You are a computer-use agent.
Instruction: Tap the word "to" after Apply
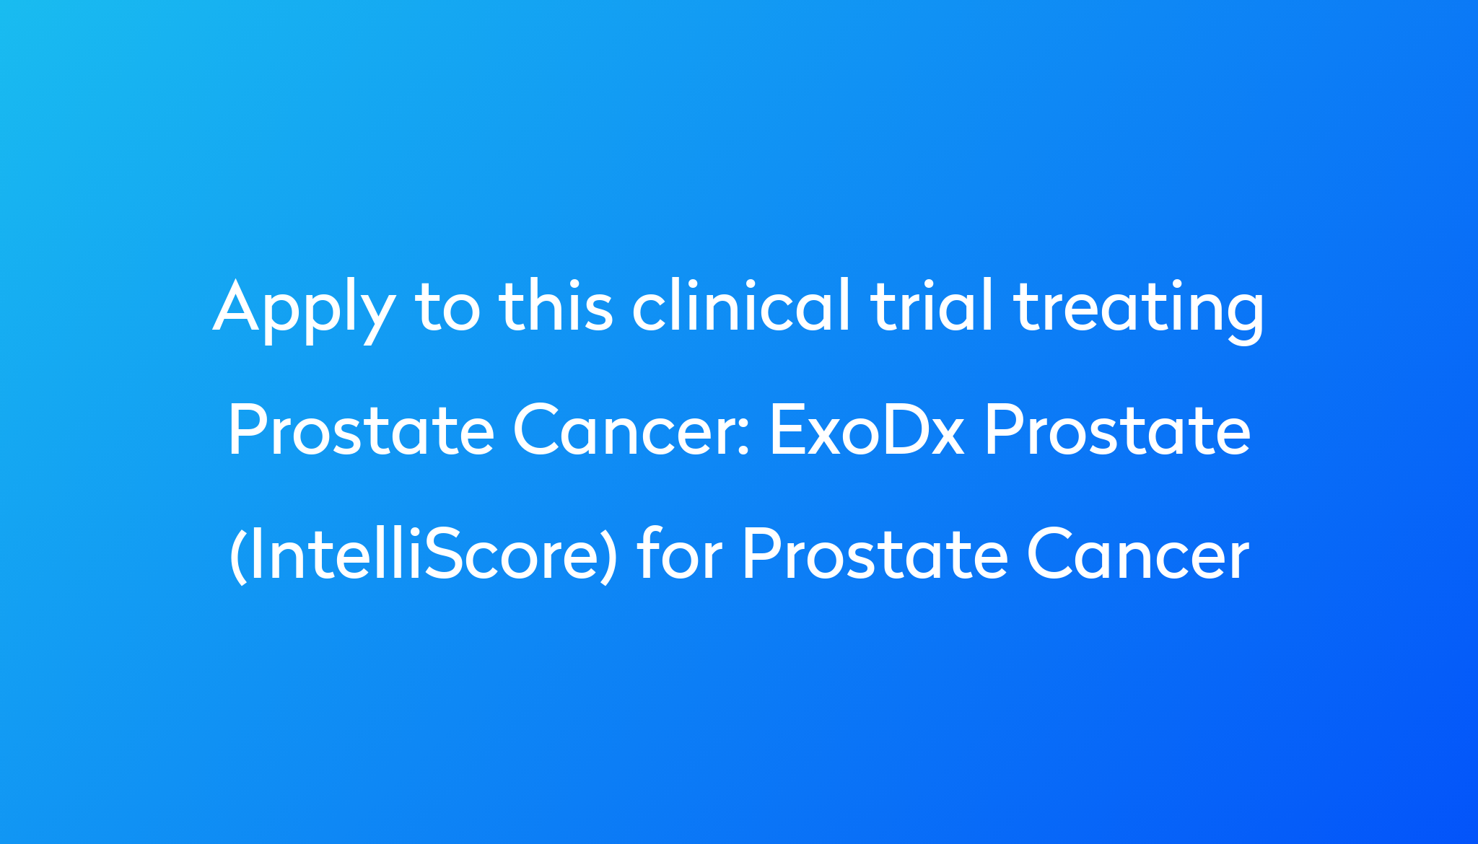coord(447,309)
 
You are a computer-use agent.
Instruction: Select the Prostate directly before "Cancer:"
coord(361,431)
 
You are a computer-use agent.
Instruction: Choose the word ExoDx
coord(867,431)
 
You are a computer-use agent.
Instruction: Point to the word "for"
coord(679,554)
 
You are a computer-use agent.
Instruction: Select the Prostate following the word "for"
coord(875,555)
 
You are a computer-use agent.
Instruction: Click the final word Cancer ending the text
coord(1138,555)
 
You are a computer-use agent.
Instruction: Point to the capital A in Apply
coord(236,307)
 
